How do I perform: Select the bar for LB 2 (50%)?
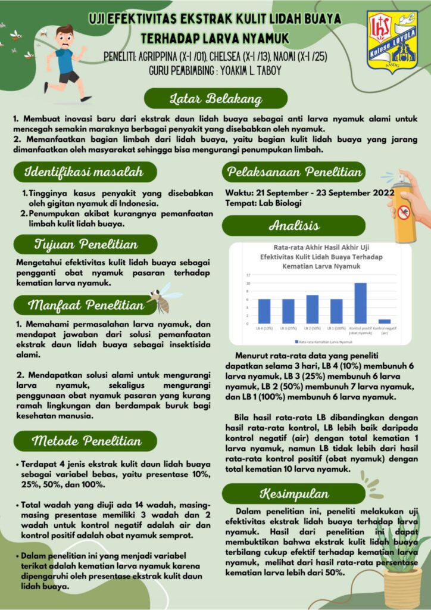click(x=312, y=309)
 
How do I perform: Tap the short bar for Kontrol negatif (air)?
click(x=385, y=322)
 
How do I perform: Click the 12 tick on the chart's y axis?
click(x=248, y=275)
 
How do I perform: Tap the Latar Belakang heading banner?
click(x=215, y=98)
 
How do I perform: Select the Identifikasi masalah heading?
click(x=84, y=173)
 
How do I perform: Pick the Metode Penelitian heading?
click(x=87, y=441)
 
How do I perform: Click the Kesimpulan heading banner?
click(x=293, y=494)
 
